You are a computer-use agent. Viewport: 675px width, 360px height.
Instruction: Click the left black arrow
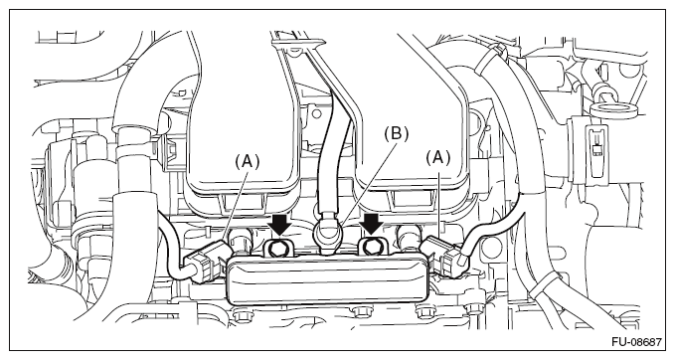click(280, 224)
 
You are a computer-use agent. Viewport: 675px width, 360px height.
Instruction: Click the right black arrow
click(372, 224)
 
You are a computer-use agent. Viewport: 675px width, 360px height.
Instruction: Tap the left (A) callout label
click(248, 161)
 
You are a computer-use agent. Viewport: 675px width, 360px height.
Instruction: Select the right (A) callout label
click(438, 158)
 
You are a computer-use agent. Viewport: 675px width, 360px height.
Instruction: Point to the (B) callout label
click(397, 134)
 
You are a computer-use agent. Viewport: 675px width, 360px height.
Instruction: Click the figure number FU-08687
click(636, 342)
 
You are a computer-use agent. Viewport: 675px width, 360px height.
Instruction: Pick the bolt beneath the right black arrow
click(371, 247)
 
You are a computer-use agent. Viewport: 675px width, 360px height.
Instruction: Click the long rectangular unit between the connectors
click(328, 279)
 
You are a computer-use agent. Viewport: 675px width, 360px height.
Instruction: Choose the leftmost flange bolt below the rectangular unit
click(240, 315)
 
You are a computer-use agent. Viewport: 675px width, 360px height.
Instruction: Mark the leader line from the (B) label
click(366, 184)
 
